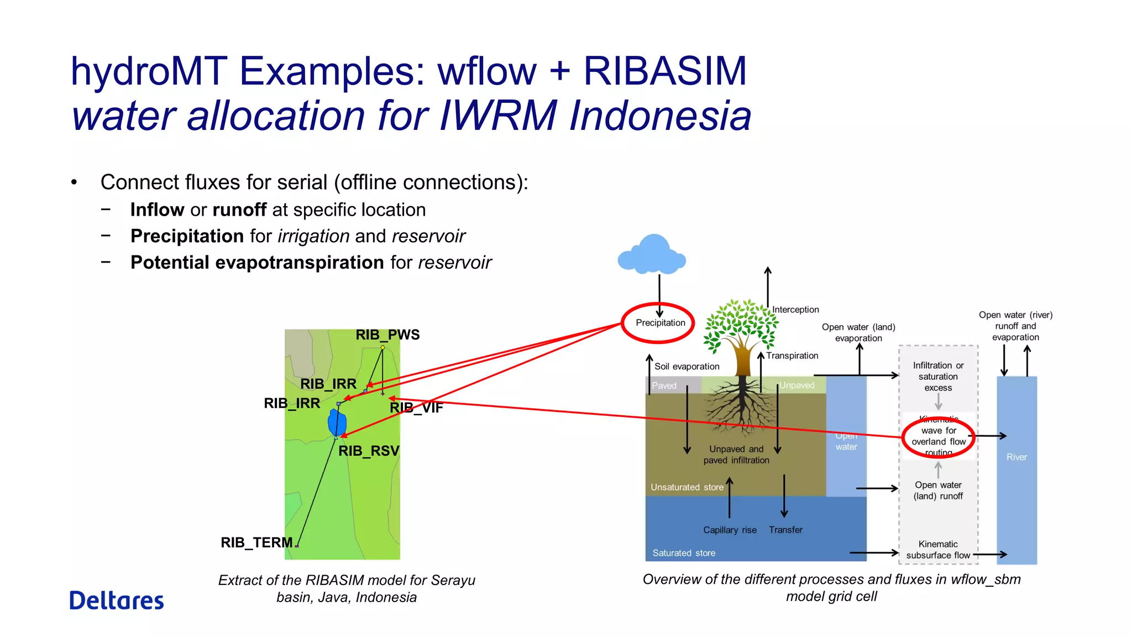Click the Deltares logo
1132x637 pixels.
[x=117, y=601]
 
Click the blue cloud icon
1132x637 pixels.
[x=652, y=255]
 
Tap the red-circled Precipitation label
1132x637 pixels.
[x=660, y=323]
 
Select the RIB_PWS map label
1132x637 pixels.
[x=387, y=335]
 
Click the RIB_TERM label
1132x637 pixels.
[x=256, y=542]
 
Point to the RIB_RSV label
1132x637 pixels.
[x=369, y=451]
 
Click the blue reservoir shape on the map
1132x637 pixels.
[x=337, y=423]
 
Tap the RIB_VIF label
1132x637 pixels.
[x=416, y=408]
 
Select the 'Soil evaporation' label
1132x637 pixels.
[x=686, y=367]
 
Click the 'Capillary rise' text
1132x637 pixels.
[x=730, y=530]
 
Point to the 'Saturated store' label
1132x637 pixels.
[x=684, y=553]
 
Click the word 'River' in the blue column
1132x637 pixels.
[x=1016, y=457]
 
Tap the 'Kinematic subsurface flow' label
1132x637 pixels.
[x=938, y=550]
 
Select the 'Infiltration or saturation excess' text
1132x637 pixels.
[x=938, y=377]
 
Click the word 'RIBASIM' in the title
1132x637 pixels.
[x=665, y=72]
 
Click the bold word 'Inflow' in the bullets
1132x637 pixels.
[x=157, y=210]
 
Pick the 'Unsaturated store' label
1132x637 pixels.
[x=686, y=487]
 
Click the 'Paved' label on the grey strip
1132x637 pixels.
[x=664, y=386]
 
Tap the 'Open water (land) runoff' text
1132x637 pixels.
[x=938, y=490]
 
